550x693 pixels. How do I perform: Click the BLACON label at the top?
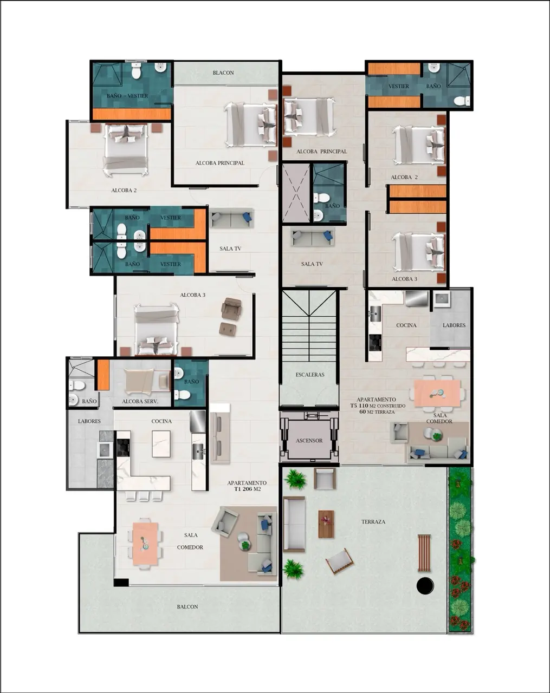pyautogui.click(x=223, y=73)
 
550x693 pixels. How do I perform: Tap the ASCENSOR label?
pyautogui.click(x=309, y=441)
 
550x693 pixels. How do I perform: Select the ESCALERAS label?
pyautogui.click(x=310, y=375)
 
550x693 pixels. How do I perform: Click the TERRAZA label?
pyautogui.click(x=373, y=522)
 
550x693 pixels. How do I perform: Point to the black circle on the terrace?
pyautogui.click(x=425, y=586)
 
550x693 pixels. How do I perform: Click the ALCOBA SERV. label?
pyautogui.click(x=140, y=402)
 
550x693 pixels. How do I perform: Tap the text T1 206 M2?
pyautogui.click(x=247, y=489)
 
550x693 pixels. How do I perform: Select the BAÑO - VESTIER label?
pyautogui.click(x=127, y=96)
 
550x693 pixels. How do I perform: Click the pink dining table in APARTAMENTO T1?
pyautogui.click(x=145, y=544)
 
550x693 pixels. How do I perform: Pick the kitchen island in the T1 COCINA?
pyautogui.click(x=161, y=444)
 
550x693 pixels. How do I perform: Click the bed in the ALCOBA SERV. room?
pyautogui.click(x=147, y=381)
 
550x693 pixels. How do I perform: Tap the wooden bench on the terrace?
pyautogui.click(x=424, y=553)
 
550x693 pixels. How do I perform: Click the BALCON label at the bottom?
pyautogui.click(x=187, y=607)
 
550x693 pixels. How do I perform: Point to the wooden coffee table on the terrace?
pyautogui.click(x=326, y=524)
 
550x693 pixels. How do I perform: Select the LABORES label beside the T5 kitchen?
pyautogui.click(x=454, y=325)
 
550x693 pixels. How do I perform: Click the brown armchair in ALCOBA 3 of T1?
pyautogui.click(x=231, y=308)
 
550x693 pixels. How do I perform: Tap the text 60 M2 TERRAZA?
pyautogui.click(x=377, y=411)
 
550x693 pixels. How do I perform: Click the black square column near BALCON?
pyautogui.click(x=121, y=582)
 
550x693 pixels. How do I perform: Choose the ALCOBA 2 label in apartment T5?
pyautogui.click(x=404, y=177)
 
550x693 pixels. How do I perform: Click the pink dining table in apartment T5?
pyautogui.click(x=437, y=393)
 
